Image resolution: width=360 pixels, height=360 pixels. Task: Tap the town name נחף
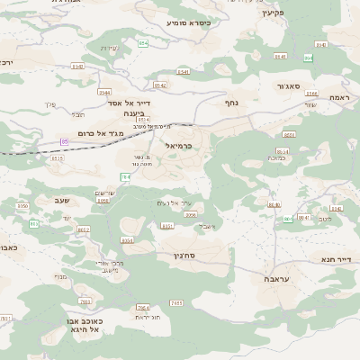pos(229,103)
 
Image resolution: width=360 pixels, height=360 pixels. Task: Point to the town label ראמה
pos(339,97)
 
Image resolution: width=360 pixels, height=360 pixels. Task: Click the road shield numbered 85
pos(65,141)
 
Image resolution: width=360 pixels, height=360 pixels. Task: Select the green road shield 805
pos(34,223)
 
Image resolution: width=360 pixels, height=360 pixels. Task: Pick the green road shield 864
pos(308,58)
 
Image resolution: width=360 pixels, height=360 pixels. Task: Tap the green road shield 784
pos(125,177)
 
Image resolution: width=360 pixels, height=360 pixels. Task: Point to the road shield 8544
pos(184,71)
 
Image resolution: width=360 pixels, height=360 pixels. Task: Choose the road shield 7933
pos(86,301)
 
